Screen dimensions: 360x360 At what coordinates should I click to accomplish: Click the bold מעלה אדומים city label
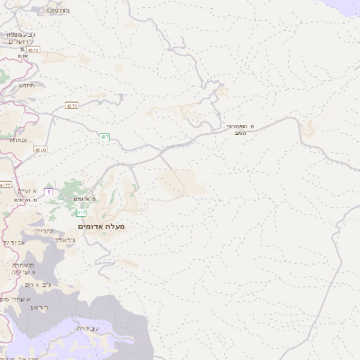[102, 227]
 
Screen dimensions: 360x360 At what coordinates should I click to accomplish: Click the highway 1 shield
[50, 191]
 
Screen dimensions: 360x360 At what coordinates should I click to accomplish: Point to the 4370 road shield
[40, 150]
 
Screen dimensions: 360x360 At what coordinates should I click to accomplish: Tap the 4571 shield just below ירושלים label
[33, 51]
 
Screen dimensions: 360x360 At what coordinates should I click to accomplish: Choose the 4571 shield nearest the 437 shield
[71, 105]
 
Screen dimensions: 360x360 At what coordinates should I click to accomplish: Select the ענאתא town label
[18, 140]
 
